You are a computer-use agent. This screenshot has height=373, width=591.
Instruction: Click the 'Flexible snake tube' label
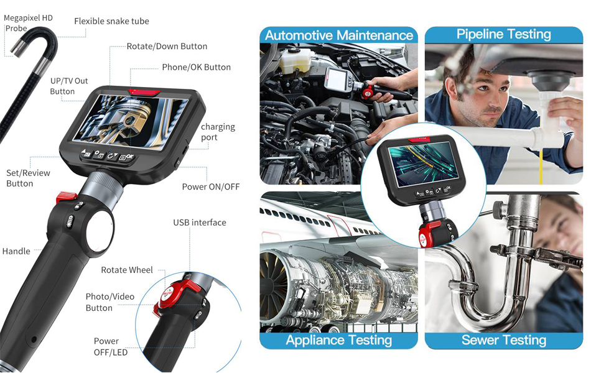point(111,22)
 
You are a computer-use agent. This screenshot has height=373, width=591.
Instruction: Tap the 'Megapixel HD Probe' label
point(28,23)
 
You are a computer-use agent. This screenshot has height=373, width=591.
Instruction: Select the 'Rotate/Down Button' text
point(167,47)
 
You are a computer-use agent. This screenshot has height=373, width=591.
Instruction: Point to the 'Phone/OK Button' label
point(197,67)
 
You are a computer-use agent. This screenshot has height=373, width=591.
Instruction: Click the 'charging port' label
point(218,132)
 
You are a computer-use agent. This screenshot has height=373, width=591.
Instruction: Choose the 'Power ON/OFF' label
point(211,187)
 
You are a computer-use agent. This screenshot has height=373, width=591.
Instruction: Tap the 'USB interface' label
point(200,223)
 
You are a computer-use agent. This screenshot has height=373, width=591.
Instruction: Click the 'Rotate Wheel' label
point(127,270)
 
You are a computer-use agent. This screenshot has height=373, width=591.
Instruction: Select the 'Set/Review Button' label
point(28,178)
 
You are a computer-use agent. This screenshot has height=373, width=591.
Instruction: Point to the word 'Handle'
point(16,251)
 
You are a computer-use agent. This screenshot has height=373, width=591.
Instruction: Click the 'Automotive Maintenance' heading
point(339,35)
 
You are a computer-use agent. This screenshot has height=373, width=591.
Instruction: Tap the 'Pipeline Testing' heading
point(503,34)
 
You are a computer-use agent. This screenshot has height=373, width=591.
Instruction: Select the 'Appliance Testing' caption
point(339,340)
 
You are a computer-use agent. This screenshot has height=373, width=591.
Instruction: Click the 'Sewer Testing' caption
point(504,340)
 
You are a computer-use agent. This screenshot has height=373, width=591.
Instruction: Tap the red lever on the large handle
point(67,197)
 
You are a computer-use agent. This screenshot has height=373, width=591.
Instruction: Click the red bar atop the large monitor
point(144,92)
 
